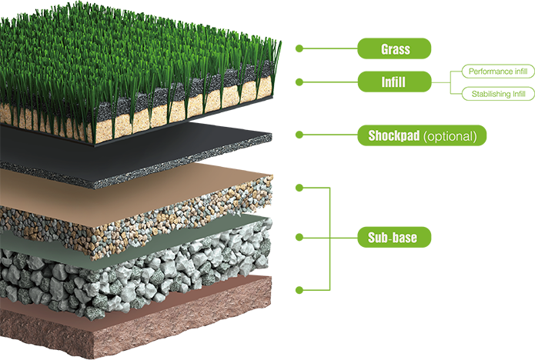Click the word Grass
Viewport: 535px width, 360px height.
tap(395, 50)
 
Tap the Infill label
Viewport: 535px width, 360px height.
tap(393, 82)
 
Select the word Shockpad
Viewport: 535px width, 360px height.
tap(393, 137)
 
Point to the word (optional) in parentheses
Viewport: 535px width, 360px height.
tap(450, 137)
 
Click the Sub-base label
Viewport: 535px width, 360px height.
tap(393, 238)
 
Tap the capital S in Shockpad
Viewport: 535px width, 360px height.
tap(372, 137)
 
